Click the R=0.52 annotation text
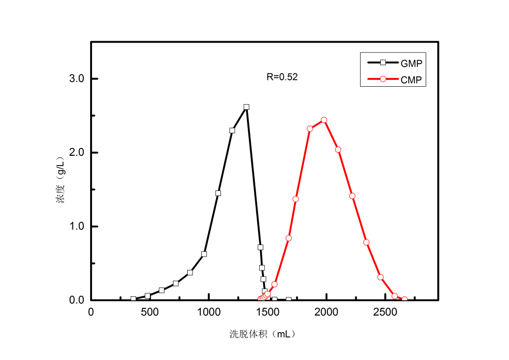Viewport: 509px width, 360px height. [282, 76]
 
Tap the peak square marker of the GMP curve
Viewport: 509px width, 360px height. [246, 107]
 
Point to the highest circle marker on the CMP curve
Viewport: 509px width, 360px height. [324, 120]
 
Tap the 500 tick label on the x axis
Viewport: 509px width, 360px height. [150, 312]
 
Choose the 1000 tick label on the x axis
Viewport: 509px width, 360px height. [209, 312]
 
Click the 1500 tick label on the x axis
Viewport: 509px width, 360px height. [267, 312]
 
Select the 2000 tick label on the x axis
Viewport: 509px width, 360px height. [326, 312]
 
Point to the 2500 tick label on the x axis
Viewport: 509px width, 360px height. [385, 312]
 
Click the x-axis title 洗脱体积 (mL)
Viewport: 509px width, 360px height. [263, 335]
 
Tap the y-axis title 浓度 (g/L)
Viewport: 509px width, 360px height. [61, 181]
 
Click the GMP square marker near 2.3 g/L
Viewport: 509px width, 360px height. [232, 130]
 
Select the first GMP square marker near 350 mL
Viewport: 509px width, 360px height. [133, 299]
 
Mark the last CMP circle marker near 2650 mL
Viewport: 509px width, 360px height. [404, 299]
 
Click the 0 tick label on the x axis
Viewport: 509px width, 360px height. [91, 312]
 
